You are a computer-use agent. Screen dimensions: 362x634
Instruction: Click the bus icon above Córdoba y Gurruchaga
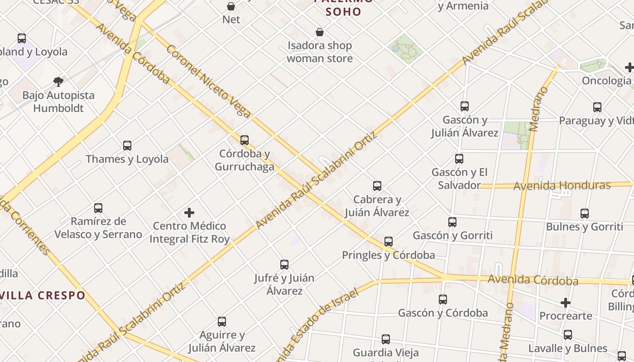[x=245, y=140]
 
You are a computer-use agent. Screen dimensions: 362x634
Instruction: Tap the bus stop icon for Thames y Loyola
[x=127, y=146]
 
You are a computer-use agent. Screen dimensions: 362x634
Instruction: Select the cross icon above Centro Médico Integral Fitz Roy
[x=189, y=212]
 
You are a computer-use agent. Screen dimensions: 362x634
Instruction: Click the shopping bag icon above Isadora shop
[x=320, y=32]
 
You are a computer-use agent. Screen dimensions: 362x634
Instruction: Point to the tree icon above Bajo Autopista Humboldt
[x=58, y=82]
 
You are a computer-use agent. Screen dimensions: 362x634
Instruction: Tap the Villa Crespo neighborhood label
[x=43, y=295]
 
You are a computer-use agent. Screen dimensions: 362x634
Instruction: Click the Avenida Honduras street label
[x=562, y=185]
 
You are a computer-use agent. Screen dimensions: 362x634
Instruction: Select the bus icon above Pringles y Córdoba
[x=389, y=242]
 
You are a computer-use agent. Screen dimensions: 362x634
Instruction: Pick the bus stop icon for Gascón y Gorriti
[x=452, y=222]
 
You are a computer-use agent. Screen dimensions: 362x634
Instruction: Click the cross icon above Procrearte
[x=566, y=302]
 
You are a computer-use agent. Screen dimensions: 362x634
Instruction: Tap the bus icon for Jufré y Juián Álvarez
[x=284, y=265]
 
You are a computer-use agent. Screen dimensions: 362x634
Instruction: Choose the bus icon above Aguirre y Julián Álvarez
[x=222, y=322]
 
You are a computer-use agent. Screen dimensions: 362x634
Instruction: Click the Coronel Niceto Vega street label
[x=208, y=81]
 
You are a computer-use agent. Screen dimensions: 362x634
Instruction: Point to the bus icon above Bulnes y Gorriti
[x=585, y=214]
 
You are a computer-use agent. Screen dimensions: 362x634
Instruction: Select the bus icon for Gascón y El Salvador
[x=459, y=159]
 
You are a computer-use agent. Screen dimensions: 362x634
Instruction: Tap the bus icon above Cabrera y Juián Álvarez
[x=377, y=186]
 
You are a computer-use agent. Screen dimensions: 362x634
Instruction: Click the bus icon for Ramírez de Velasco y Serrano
[x=98, y=208]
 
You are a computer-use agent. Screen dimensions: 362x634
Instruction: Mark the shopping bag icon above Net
[x=231, y=6]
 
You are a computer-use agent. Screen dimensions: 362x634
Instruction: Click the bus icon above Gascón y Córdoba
[x=443, y=300]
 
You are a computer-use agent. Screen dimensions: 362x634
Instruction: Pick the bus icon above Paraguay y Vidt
[x=597, y=107]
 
